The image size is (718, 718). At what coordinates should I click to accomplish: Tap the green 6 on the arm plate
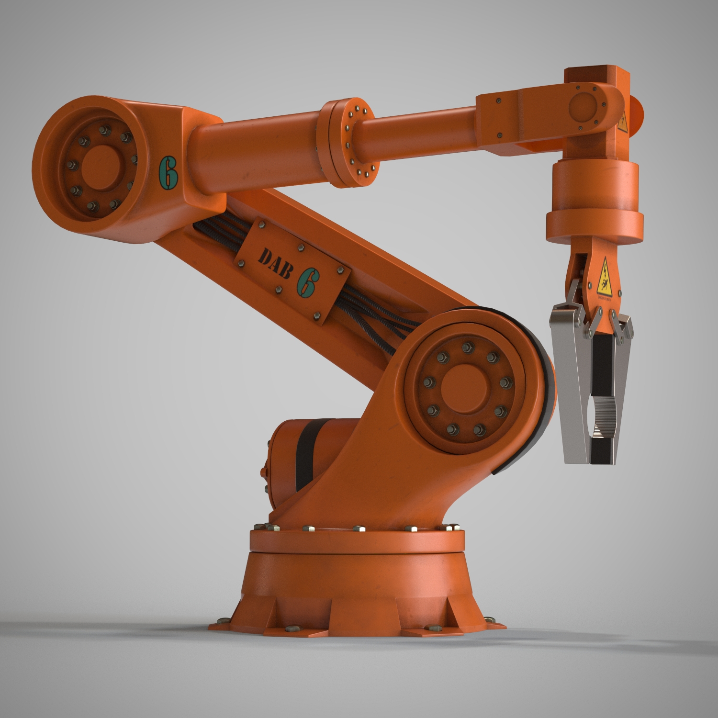(307, 282)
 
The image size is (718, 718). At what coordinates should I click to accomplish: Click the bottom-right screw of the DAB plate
(317, 315)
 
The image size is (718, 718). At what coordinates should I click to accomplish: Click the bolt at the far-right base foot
(490, 619)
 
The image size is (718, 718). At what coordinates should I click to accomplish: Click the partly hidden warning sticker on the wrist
(623, 123)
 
